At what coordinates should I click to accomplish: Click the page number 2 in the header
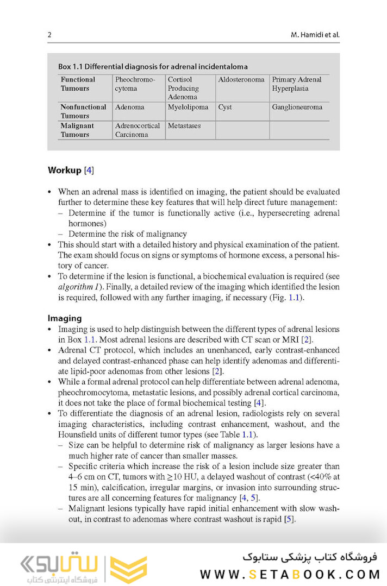(x=49, y=35)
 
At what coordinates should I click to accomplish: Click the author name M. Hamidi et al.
(x=315, y=35)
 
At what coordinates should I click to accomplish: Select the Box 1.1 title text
(x=153, y=67)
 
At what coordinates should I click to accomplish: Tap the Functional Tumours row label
(x=77, y=84)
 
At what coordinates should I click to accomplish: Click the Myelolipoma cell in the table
(x=188, y=107)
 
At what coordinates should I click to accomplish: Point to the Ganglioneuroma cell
(x=297, y=107)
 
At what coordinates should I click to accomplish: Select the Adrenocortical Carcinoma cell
(x=138, y=130)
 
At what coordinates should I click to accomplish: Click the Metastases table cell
(x=184, y=125)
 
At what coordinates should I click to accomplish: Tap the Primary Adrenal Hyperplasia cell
(x=297, y=84)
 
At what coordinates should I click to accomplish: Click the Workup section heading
(x=64, y=170)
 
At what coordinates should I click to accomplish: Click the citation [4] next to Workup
(x=89, y=170)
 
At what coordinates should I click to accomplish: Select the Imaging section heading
(x=64, y=318)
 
